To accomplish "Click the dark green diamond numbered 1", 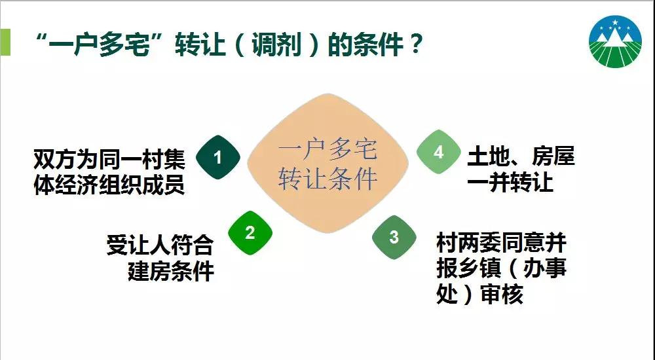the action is click(217, 158).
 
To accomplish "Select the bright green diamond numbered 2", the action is click(250, 232).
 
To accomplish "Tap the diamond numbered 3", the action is click(394, 237).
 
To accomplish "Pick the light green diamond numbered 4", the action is click(438, 152).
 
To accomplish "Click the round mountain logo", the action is click(615, 41).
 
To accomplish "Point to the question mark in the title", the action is click(416, 43).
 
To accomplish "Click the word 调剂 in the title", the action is click(276, 45).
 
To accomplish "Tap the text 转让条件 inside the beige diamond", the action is click(327, 179).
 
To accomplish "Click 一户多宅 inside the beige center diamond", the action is click(327, 149).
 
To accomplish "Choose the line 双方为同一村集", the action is click(109, 158).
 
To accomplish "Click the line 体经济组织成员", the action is click(109, 185).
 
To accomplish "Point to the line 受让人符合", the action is click(160, 245).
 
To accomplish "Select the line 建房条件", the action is click(171, 271).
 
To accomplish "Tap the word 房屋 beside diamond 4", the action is click(553, 156).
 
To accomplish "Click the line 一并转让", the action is click(510, 182).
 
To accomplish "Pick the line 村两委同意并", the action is click(501, 243).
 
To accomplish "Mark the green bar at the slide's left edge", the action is click(5, 42).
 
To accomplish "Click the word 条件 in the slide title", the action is click(378, 45).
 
